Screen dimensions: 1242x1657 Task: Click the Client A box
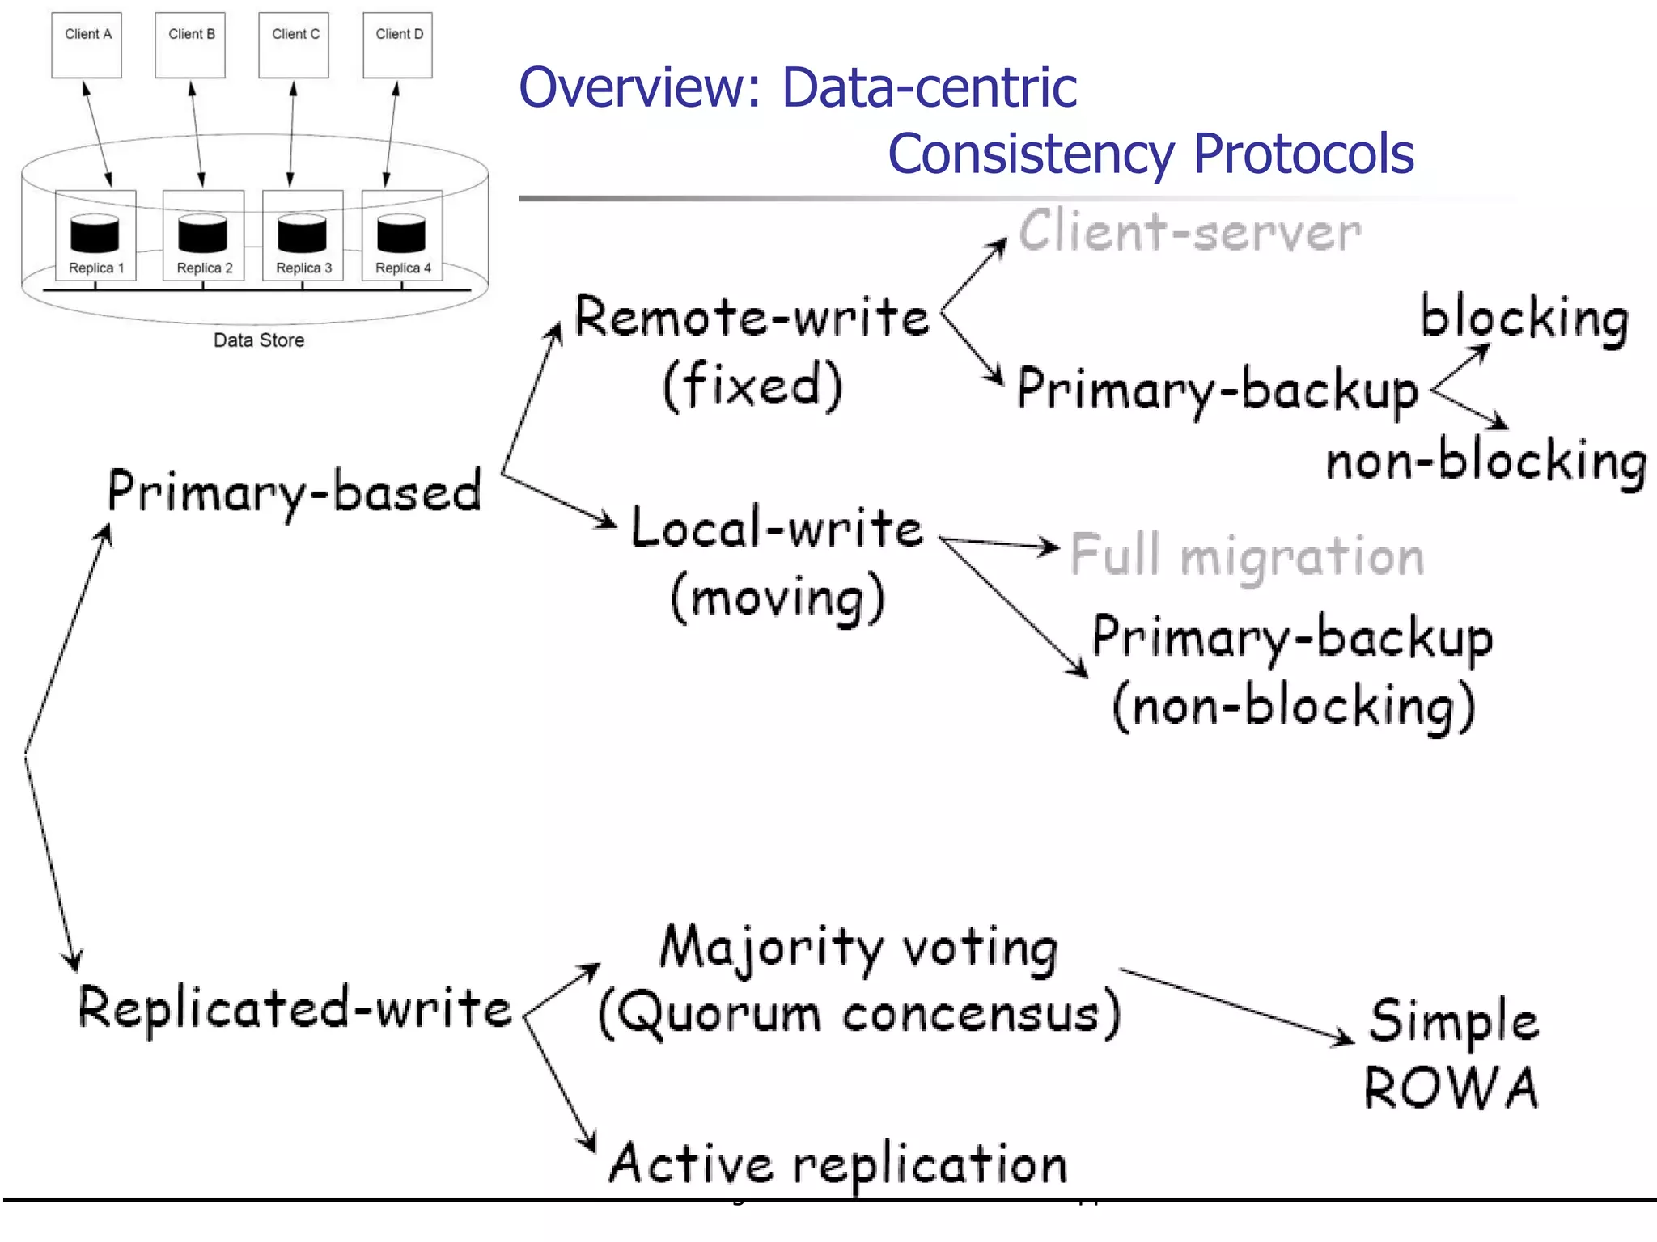tap(87, 45)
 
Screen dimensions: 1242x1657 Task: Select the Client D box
tap(397, 45)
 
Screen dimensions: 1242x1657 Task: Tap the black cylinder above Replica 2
tap(202, 234)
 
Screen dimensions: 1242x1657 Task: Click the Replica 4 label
tap(403, 268)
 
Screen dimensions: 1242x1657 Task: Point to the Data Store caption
tap(259, 340)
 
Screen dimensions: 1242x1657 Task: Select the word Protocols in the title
tap(1303, 154)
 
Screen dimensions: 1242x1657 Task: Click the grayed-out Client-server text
tap(1189, 233)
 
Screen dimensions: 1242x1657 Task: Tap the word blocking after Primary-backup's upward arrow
tap(1524, 318)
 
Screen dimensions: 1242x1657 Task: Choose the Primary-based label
tap(295, 492)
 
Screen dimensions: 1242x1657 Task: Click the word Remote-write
tap(752, 317)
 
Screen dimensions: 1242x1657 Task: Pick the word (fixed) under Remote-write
tap(752, 385)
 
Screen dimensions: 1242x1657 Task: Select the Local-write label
tap(777, 528)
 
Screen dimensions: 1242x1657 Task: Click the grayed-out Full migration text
tap(1247, 556)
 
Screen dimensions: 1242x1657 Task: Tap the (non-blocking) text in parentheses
tap(1293, 706)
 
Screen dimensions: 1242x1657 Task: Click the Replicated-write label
tap(295, 1008)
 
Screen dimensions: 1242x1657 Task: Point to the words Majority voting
tap(858, 947)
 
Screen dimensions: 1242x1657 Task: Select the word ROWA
tap(1451, 1088)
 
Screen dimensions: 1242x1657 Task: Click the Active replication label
tap(838, 1164)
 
